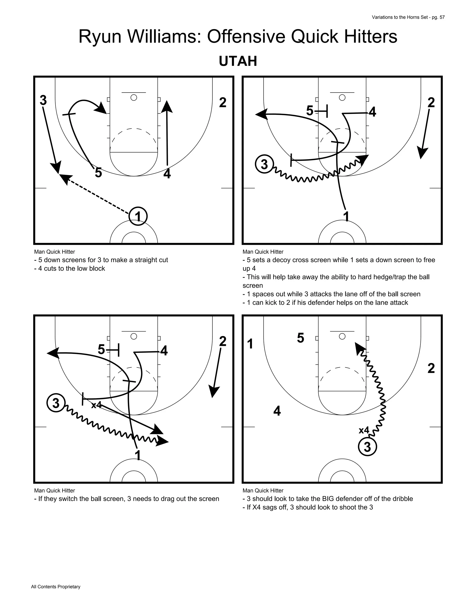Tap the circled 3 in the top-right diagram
coord(264,164)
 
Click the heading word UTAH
coord(238,61)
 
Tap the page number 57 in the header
coord(442,17)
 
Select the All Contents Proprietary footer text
coord(56,587)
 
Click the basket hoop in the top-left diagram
coord(134,98)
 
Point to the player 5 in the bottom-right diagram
coord(301,338)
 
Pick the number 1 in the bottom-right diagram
coord(250,344)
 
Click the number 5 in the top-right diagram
coord(310,111)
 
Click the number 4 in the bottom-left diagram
coord(164,351)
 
